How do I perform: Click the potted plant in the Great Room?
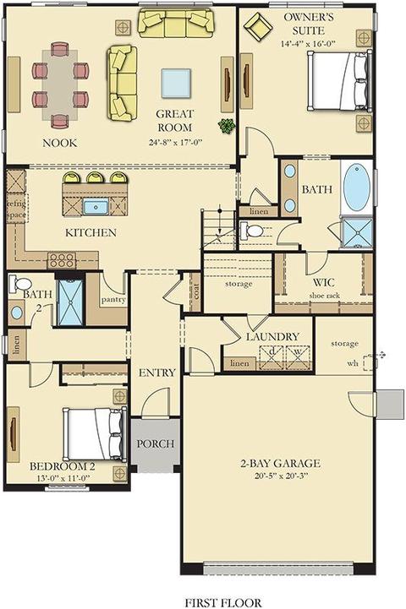227,126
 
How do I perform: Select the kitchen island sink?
96,207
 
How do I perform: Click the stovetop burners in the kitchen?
62,260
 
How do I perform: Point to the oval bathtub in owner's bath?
357,188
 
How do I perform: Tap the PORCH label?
155,443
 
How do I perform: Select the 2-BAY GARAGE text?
280,464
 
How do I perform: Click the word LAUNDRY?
272,336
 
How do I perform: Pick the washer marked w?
298,357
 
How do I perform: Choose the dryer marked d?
272,357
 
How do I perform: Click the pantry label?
113,300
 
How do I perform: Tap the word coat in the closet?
195,291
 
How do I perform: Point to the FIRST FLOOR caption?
222,602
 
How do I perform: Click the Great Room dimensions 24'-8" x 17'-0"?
175,142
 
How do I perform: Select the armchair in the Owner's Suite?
257,26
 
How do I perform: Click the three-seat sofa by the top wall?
176,24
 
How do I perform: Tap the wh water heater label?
353,363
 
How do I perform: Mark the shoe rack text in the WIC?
324,296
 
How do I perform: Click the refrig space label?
17,209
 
